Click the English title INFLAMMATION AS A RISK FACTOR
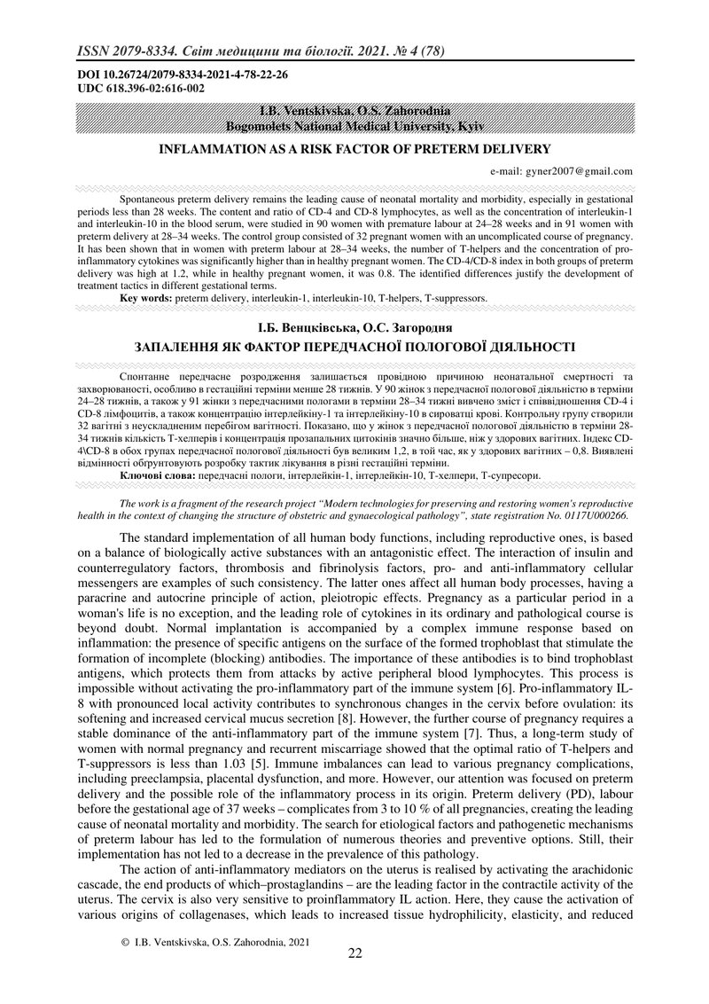(x=354, y=149)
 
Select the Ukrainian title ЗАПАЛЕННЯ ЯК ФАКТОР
(x=354, y=346)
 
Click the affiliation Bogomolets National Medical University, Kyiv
(x=354, y=127)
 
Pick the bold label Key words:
(x=146, y=300)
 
